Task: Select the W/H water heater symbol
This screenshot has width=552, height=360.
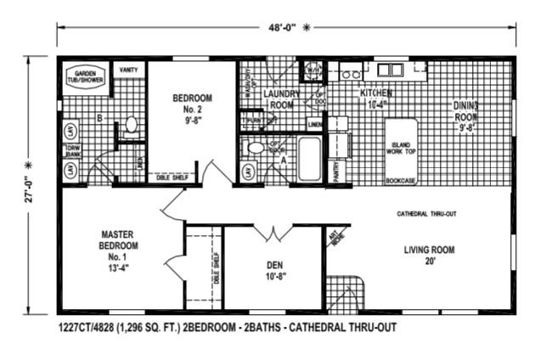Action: (x=312, y=70)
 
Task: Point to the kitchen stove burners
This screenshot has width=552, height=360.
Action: (x=348, y=71)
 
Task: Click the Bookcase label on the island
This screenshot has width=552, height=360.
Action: (x=399, y=180)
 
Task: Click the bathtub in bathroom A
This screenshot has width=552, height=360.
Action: (x=309, y=159)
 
